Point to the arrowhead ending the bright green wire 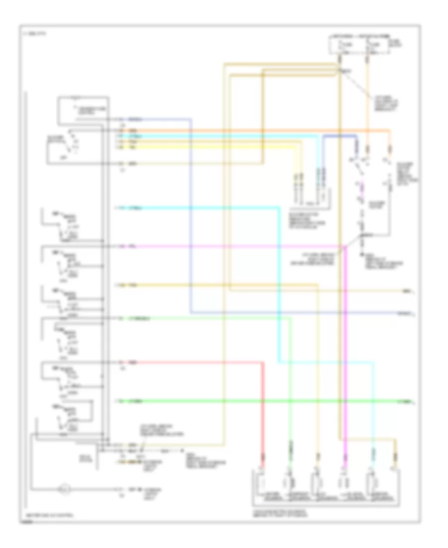coord(414,401)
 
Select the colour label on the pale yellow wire coord(133,147)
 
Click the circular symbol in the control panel coord(64,490)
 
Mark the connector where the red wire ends coord(263,455)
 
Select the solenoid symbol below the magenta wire coord(343,482)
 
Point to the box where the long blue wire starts coord(84,111)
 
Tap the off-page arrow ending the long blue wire coord(414,313)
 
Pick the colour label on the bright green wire coord(134,401)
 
